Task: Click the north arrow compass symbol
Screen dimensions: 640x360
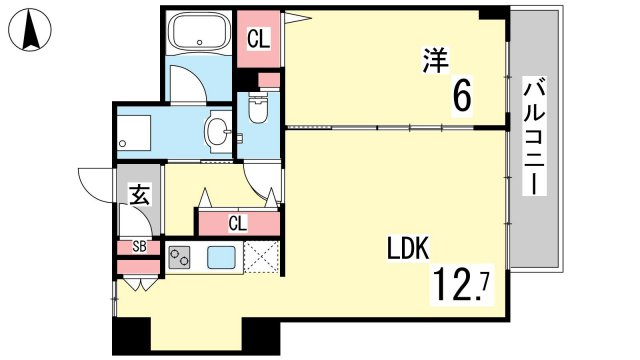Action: click(x=31, y=30)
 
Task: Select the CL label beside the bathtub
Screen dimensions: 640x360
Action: click(x=259, y=40)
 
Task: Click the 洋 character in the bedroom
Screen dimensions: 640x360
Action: click(x=436, y=60)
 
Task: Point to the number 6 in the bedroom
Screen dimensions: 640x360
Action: click(x=462, y=96)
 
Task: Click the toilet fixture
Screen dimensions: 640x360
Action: click(x=257, y=107)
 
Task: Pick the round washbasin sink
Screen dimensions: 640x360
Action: click(x=218, y=132)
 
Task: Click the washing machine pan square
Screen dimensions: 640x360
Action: click(x=134, y=133)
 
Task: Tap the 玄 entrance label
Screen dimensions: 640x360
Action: click(x=139, y=195)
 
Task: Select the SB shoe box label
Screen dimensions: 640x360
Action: click(x=139, y=247)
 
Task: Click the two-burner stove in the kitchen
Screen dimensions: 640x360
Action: click(x=179, y=257)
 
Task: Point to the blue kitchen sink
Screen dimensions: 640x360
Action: click(x=221, y=258)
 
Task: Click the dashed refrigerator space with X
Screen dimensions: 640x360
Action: click(x=262, y=256)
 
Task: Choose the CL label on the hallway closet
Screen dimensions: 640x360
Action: click(x=238, y=223)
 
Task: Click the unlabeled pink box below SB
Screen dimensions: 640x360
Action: click(x=138, y=267)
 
